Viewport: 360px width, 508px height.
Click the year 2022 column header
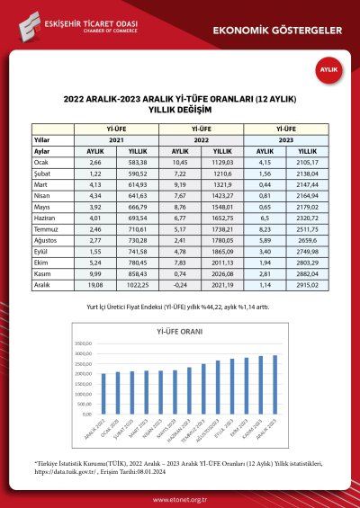click(202, 140)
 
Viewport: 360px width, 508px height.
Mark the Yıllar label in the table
click(42, 140)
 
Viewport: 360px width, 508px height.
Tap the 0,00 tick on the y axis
click(87, 414)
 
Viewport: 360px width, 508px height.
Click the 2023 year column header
click(285, 140)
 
